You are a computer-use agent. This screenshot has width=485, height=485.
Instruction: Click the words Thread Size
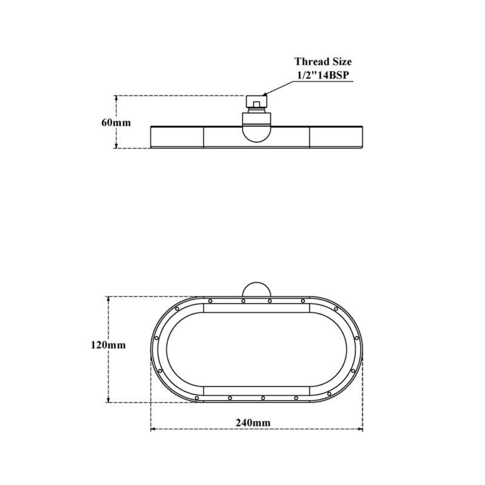(323, 61)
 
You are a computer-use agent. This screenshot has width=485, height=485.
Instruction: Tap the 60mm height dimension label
(116, 122)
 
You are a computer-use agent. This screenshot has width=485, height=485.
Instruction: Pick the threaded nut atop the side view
(256, 101)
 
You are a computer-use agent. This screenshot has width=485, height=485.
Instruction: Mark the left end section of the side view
(176, 137)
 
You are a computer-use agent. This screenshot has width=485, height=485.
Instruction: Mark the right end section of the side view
(336, 137)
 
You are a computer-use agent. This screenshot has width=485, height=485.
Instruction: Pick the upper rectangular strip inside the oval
(256, 308)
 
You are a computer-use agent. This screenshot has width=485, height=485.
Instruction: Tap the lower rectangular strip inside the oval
(256, 390)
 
